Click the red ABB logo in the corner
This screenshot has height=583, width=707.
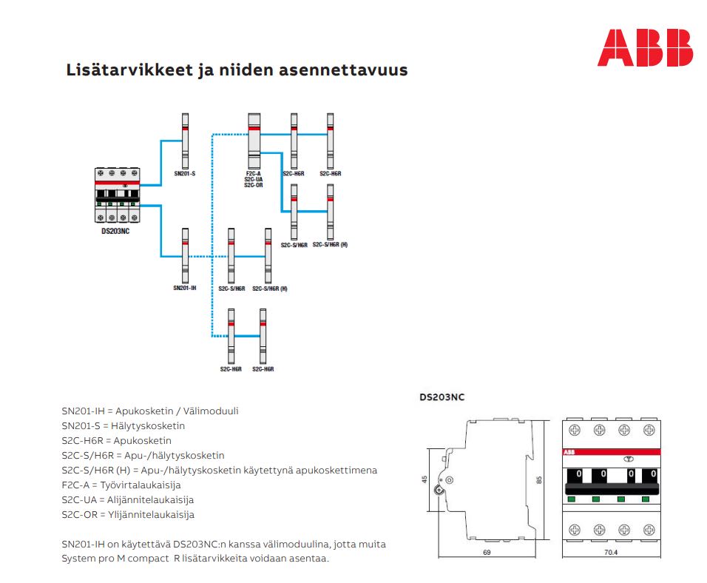(x=645, y=47)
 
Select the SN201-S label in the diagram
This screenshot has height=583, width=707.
(x=185, y=173)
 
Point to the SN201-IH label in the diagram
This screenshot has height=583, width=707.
(x=185, y=287)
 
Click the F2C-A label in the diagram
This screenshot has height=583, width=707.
(x=254, y=173)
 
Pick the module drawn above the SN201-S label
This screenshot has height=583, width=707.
(x=185, y=141)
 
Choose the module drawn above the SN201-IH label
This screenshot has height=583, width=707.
(x=185, y=255)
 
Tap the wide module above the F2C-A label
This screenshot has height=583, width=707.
(x=254, y=141)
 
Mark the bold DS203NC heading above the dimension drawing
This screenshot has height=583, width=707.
(x=442, y=397)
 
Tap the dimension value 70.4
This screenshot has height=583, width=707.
(x=611, y=553)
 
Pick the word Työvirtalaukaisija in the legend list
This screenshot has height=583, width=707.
(x=140, y=485)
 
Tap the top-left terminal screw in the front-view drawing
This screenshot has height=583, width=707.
(x=575, y=430)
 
